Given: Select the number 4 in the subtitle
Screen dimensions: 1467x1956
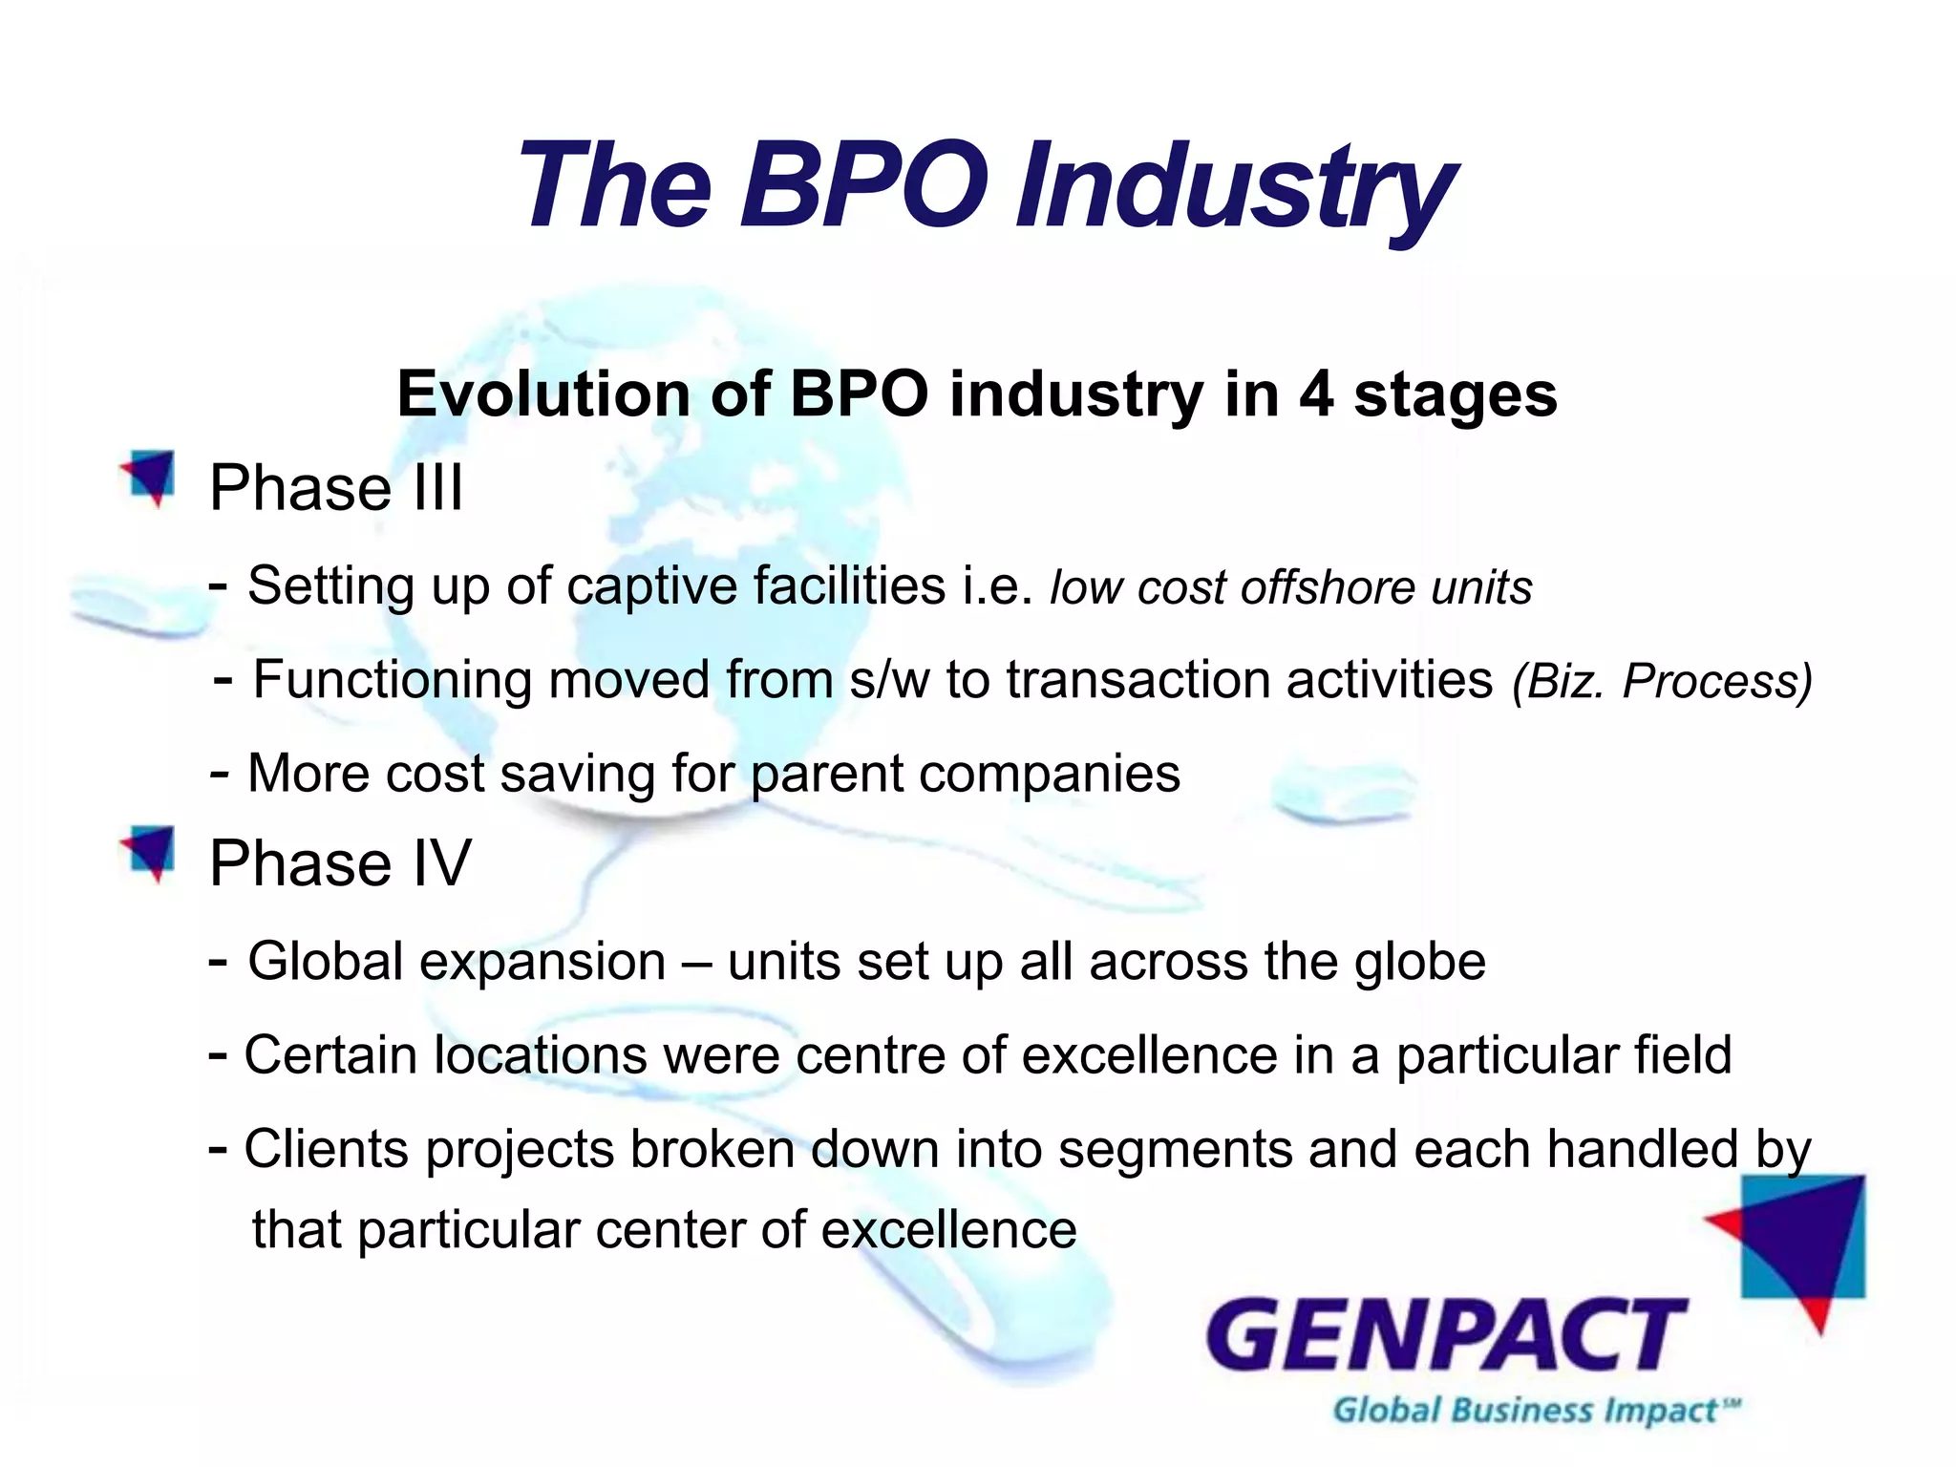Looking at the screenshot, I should coord(1315,394).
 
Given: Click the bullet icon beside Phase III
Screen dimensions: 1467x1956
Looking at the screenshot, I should coord(149,477).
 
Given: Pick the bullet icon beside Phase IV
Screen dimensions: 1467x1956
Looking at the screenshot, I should coord(149,852).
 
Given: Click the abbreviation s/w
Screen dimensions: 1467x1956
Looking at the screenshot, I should coord(889,680).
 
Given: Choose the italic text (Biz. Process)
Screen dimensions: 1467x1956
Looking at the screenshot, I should coord(1662,682).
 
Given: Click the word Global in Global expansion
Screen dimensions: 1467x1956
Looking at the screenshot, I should coord(325,961).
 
